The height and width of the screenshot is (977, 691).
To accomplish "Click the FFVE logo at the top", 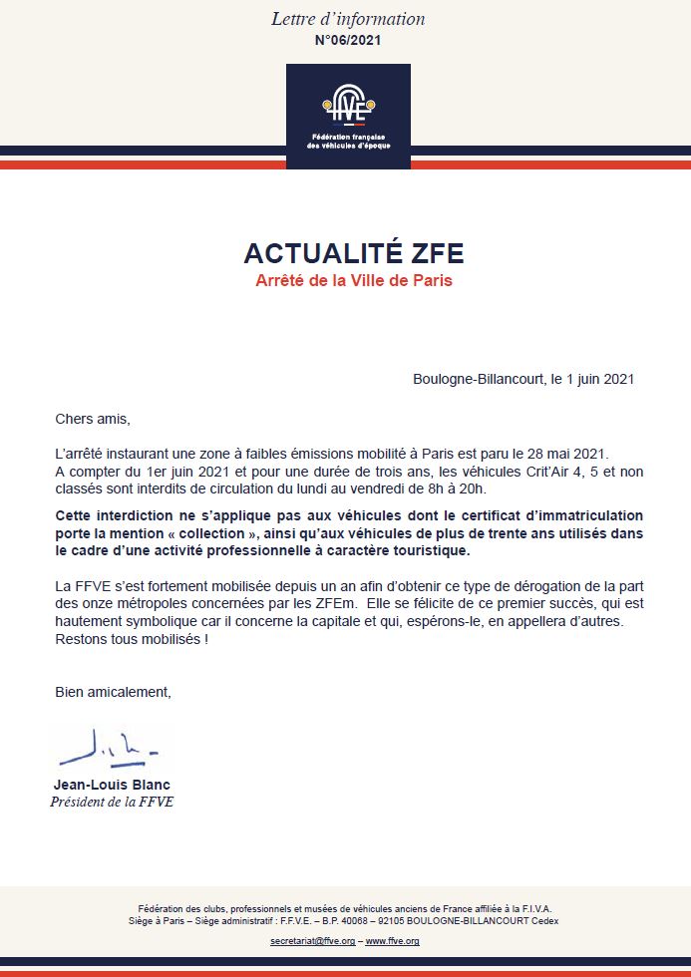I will [x=348, y=115].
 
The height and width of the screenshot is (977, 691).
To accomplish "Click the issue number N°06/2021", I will [x=348, y=41].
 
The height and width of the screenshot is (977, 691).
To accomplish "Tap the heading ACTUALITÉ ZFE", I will [x=354, y=253].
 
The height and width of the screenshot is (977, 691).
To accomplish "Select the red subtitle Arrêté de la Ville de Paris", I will [x=354, y=280].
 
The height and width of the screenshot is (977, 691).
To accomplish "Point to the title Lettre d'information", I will [x=348, y=19].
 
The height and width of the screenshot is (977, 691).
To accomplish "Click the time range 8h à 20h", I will [x=462, y=489].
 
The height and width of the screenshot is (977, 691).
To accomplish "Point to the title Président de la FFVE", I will [x=112, y=802].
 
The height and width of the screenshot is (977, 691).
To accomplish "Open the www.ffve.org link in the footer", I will [x=392, y=941].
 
